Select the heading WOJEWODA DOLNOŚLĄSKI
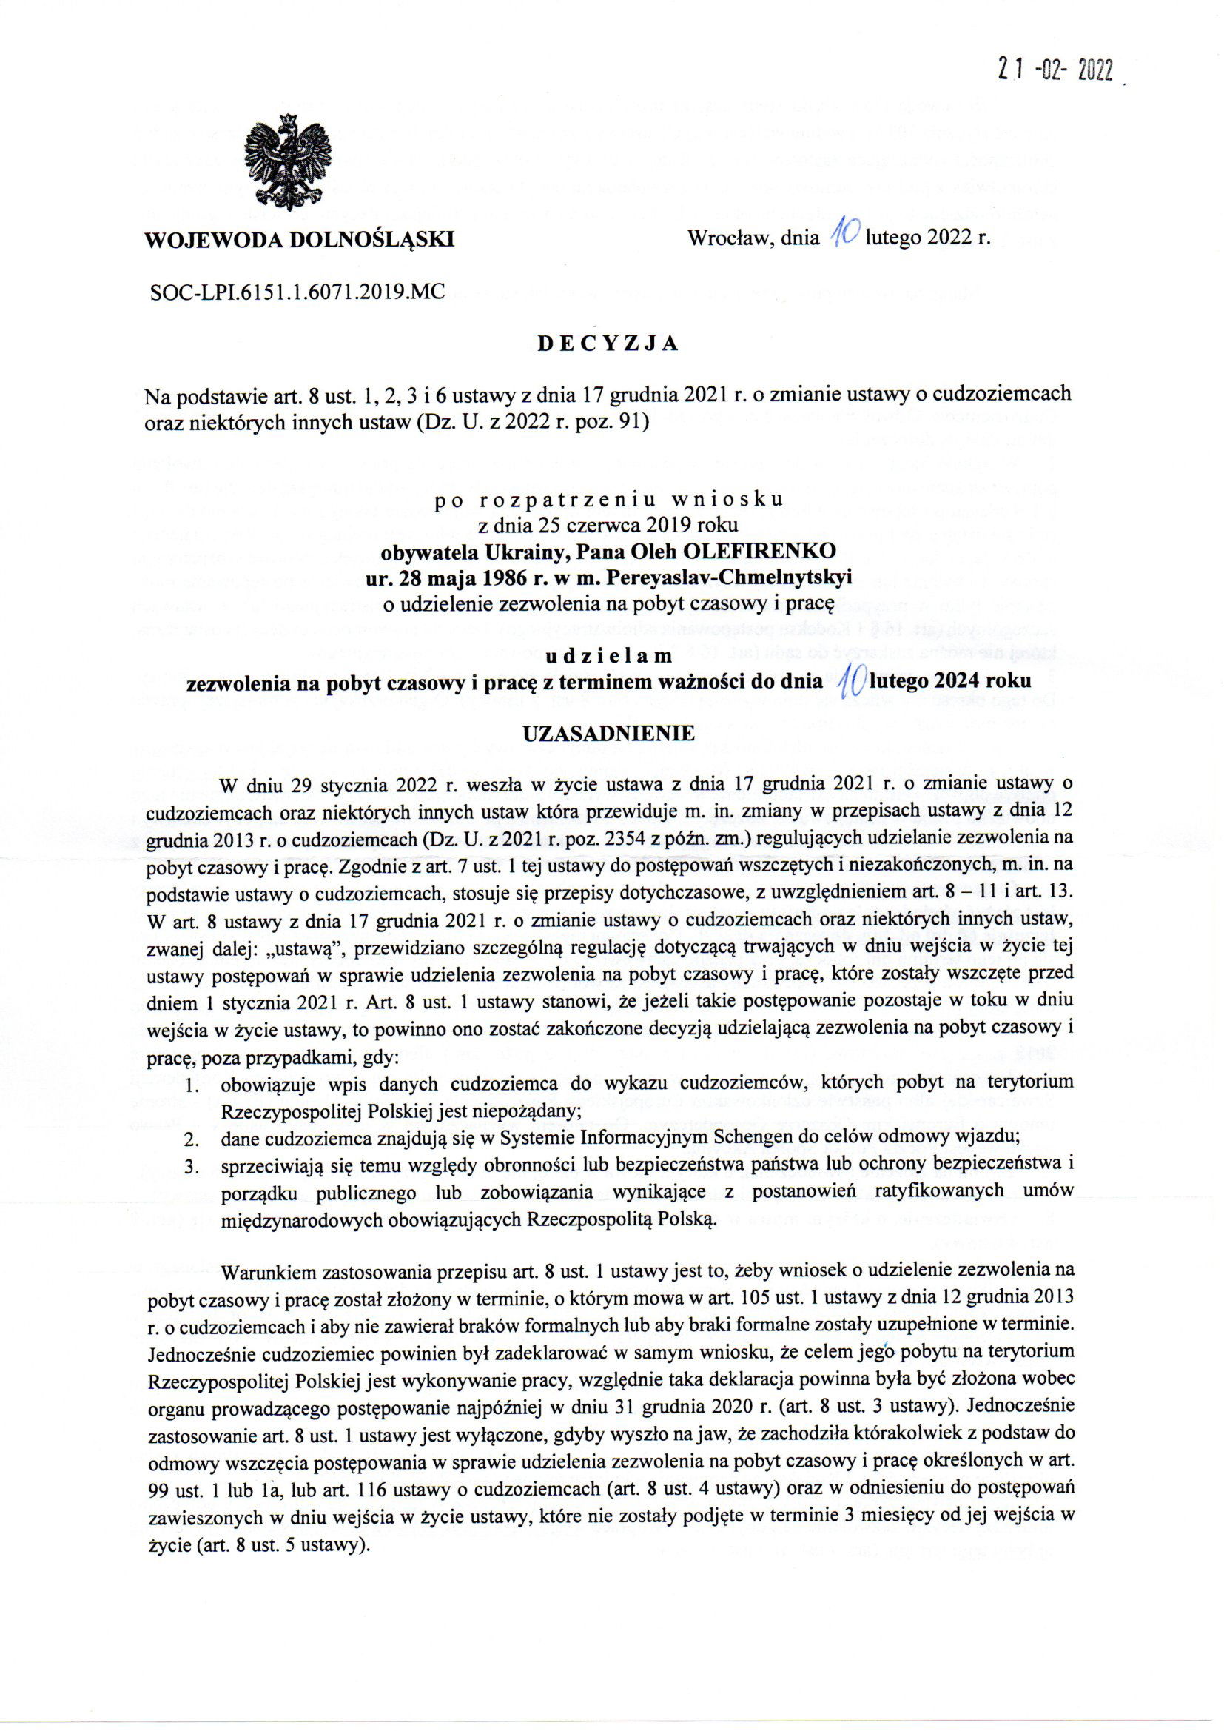click(x=299, y=240)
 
